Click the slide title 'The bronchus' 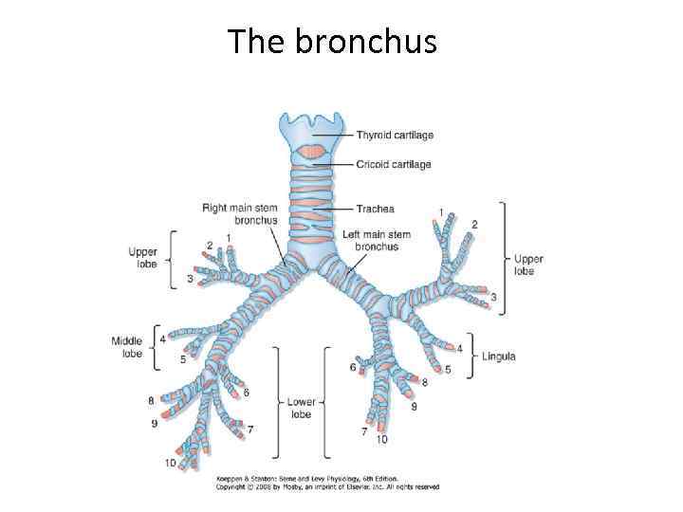point(332,41)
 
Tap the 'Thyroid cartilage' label point(395,136)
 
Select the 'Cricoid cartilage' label point(394,164)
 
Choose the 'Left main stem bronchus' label point(377,240)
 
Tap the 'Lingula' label point(499,357)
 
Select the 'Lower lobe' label point(301,408)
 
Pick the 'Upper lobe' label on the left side point(143,258)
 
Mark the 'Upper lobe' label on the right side point(528,265)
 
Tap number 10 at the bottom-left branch point(170,463)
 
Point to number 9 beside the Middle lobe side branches point(155,424)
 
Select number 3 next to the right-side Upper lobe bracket point(493,298)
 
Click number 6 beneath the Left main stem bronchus point(353,367)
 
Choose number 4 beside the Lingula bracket point(459,348)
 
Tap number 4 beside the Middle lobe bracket point(162,338)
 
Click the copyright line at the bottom point(327,487)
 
